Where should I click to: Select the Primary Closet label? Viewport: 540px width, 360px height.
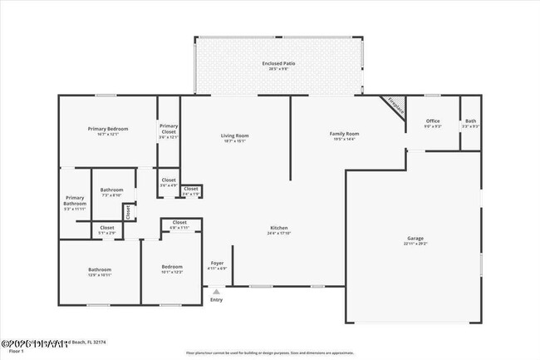[x=169, y=131]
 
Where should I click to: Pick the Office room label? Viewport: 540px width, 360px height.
[x=432, y=123]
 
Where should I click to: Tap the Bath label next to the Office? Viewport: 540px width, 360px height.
[x=471, y=123]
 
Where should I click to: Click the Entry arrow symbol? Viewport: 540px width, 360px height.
[x=217, y=292]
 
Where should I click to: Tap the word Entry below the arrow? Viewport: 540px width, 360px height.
[x=217, y=300]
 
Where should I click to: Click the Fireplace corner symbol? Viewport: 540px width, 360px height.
[x=395, y=106]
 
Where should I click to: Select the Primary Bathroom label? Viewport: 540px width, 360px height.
[x=75, y=201]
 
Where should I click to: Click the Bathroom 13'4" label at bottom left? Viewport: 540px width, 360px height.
[x=100, y=271]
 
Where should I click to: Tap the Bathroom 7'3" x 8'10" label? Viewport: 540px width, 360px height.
[x=111, y=192]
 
